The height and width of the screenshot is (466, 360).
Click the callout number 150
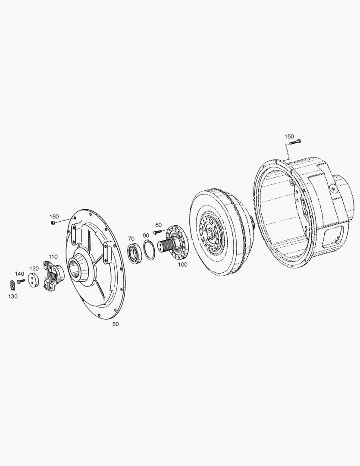[289, 136]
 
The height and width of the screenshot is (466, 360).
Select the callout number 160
[54, 217]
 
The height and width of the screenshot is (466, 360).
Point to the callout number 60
[158, 225]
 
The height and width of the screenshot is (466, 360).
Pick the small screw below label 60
[157, 232]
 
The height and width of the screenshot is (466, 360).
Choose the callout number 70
[131, 239]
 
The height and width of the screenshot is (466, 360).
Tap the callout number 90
[146, 235]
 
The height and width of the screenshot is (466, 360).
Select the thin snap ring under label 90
[149, 251]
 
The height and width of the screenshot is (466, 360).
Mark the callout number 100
[183, 264]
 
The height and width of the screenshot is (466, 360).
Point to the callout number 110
[53, 256]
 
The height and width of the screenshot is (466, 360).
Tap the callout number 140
[19, 274]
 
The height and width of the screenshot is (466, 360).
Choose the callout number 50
[115, 324]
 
